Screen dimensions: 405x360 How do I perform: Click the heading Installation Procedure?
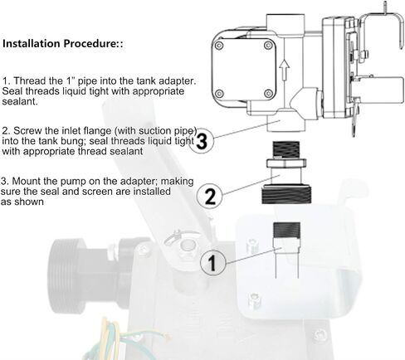[62, 44]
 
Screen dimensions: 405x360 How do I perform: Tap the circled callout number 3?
[202, 141]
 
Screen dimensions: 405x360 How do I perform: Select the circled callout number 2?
[210, 196]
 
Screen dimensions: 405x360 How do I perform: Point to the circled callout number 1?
[212, 263]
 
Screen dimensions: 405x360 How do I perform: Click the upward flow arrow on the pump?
[284, 69]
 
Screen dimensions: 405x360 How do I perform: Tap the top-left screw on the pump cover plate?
[219, 46]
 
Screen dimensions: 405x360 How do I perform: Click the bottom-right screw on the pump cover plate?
[268, 94]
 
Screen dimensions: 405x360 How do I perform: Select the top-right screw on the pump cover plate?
[268, 45]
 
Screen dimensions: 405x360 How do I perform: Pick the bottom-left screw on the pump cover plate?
[219, 94]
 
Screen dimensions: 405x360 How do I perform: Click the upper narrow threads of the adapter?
[286, 149]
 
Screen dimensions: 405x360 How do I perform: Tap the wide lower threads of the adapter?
[286, 195]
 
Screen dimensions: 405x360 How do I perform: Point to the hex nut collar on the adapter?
[286, 163]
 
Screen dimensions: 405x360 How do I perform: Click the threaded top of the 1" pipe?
[286, 230]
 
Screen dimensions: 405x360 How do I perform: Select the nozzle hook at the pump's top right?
[383, 27]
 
